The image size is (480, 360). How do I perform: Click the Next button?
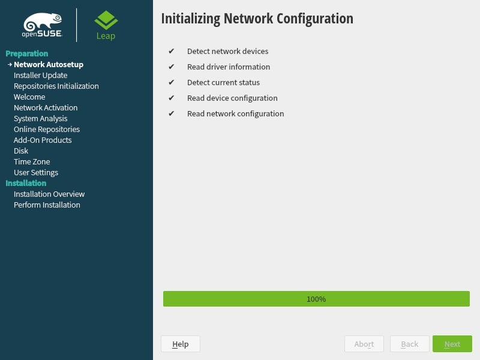click(452, 344)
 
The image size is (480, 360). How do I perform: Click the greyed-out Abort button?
click(364, 344)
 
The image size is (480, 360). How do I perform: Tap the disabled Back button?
click(410, 344)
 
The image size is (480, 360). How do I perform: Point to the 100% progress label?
click(316, 299)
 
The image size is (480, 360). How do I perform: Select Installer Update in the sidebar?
click(40, 75)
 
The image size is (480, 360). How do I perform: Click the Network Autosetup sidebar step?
click(48, 64)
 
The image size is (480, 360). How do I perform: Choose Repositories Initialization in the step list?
click(56, 86)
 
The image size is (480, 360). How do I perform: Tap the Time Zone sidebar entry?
click(32, 161)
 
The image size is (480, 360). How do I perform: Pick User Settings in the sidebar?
click(36, 172)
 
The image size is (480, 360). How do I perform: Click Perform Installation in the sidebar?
click(47, 205)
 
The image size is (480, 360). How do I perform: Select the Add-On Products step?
click(43, 140)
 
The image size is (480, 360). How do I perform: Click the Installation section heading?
click(26, 183)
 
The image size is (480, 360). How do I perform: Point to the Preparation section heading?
click(26, 53)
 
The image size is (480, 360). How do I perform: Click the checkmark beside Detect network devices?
click(172, 51)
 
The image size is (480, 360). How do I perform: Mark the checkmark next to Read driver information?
click(172, 67)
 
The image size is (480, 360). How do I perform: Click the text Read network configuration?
click(235, 113)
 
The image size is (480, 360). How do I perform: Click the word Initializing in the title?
click(190, 19)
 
